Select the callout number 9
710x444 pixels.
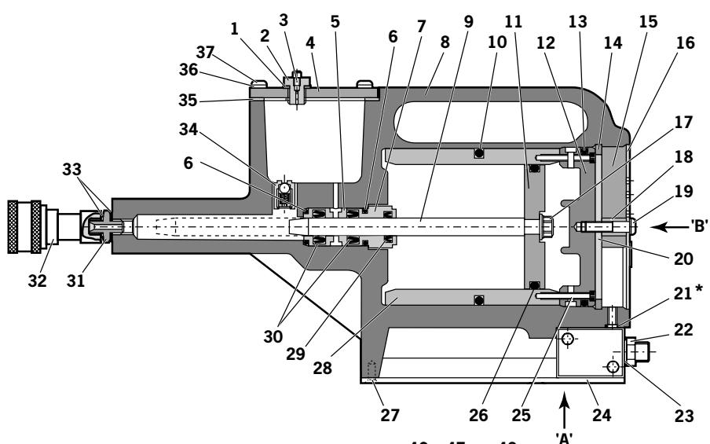click(469, 21)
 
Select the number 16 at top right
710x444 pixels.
click(685, 44)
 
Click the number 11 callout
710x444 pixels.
click(514, 21)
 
